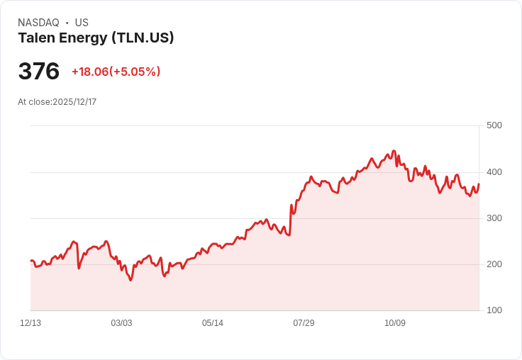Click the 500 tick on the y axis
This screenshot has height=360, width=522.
(494, 125)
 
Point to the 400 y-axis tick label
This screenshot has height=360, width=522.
(494, 172)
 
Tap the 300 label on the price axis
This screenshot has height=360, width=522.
(494, 218)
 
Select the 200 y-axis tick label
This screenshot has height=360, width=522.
(494, 264)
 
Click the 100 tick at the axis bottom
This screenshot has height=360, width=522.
(494, 310)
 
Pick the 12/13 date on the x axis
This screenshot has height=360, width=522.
(30, 323)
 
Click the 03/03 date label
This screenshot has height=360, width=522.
(121, 323)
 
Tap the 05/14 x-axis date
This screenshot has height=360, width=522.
(212, 323)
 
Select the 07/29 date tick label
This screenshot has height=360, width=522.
(304, 323)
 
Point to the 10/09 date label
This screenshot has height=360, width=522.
(395, 323)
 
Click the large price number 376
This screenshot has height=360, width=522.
(38, 71)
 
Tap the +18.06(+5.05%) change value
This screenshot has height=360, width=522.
(116, 72)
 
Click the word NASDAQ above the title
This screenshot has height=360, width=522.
(38, 23)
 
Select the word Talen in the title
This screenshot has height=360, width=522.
(36, 38)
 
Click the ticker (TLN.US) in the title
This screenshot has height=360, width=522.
(143, 38)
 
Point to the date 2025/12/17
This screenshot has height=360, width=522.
(74, 102)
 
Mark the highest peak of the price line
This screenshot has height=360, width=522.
(394, 151)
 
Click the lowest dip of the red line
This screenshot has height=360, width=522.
(130, 280)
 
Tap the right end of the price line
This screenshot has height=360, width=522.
(479, 184)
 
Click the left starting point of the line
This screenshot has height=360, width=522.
(31, 261)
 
